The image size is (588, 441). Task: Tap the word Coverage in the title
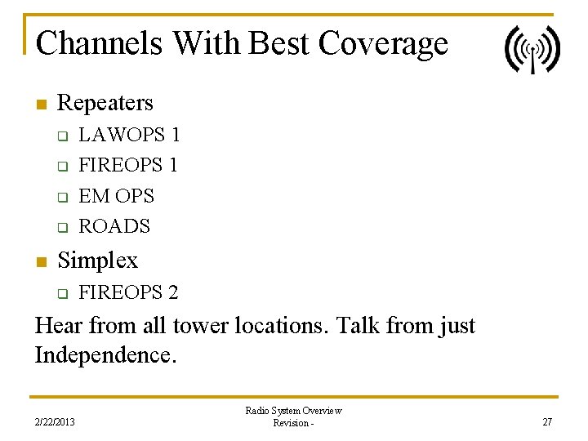383,42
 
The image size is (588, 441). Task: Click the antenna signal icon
532,50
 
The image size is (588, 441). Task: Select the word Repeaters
105,103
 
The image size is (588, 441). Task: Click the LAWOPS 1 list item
129,134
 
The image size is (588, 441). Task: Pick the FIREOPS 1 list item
128,165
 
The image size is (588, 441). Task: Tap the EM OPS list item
116,196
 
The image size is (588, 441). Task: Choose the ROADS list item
114,226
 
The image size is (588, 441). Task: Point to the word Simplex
98,261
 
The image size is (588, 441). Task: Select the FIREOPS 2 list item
128,292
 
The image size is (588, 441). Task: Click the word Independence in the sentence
105,357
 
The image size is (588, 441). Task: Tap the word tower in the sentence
199,327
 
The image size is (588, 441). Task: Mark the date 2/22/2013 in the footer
55,421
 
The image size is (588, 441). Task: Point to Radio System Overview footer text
293,411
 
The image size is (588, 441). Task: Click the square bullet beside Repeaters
41,105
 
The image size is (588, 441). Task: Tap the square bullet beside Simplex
41,262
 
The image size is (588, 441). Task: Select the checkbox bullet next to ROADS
61,228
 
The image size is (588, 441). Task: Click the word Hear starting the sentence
59,327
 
